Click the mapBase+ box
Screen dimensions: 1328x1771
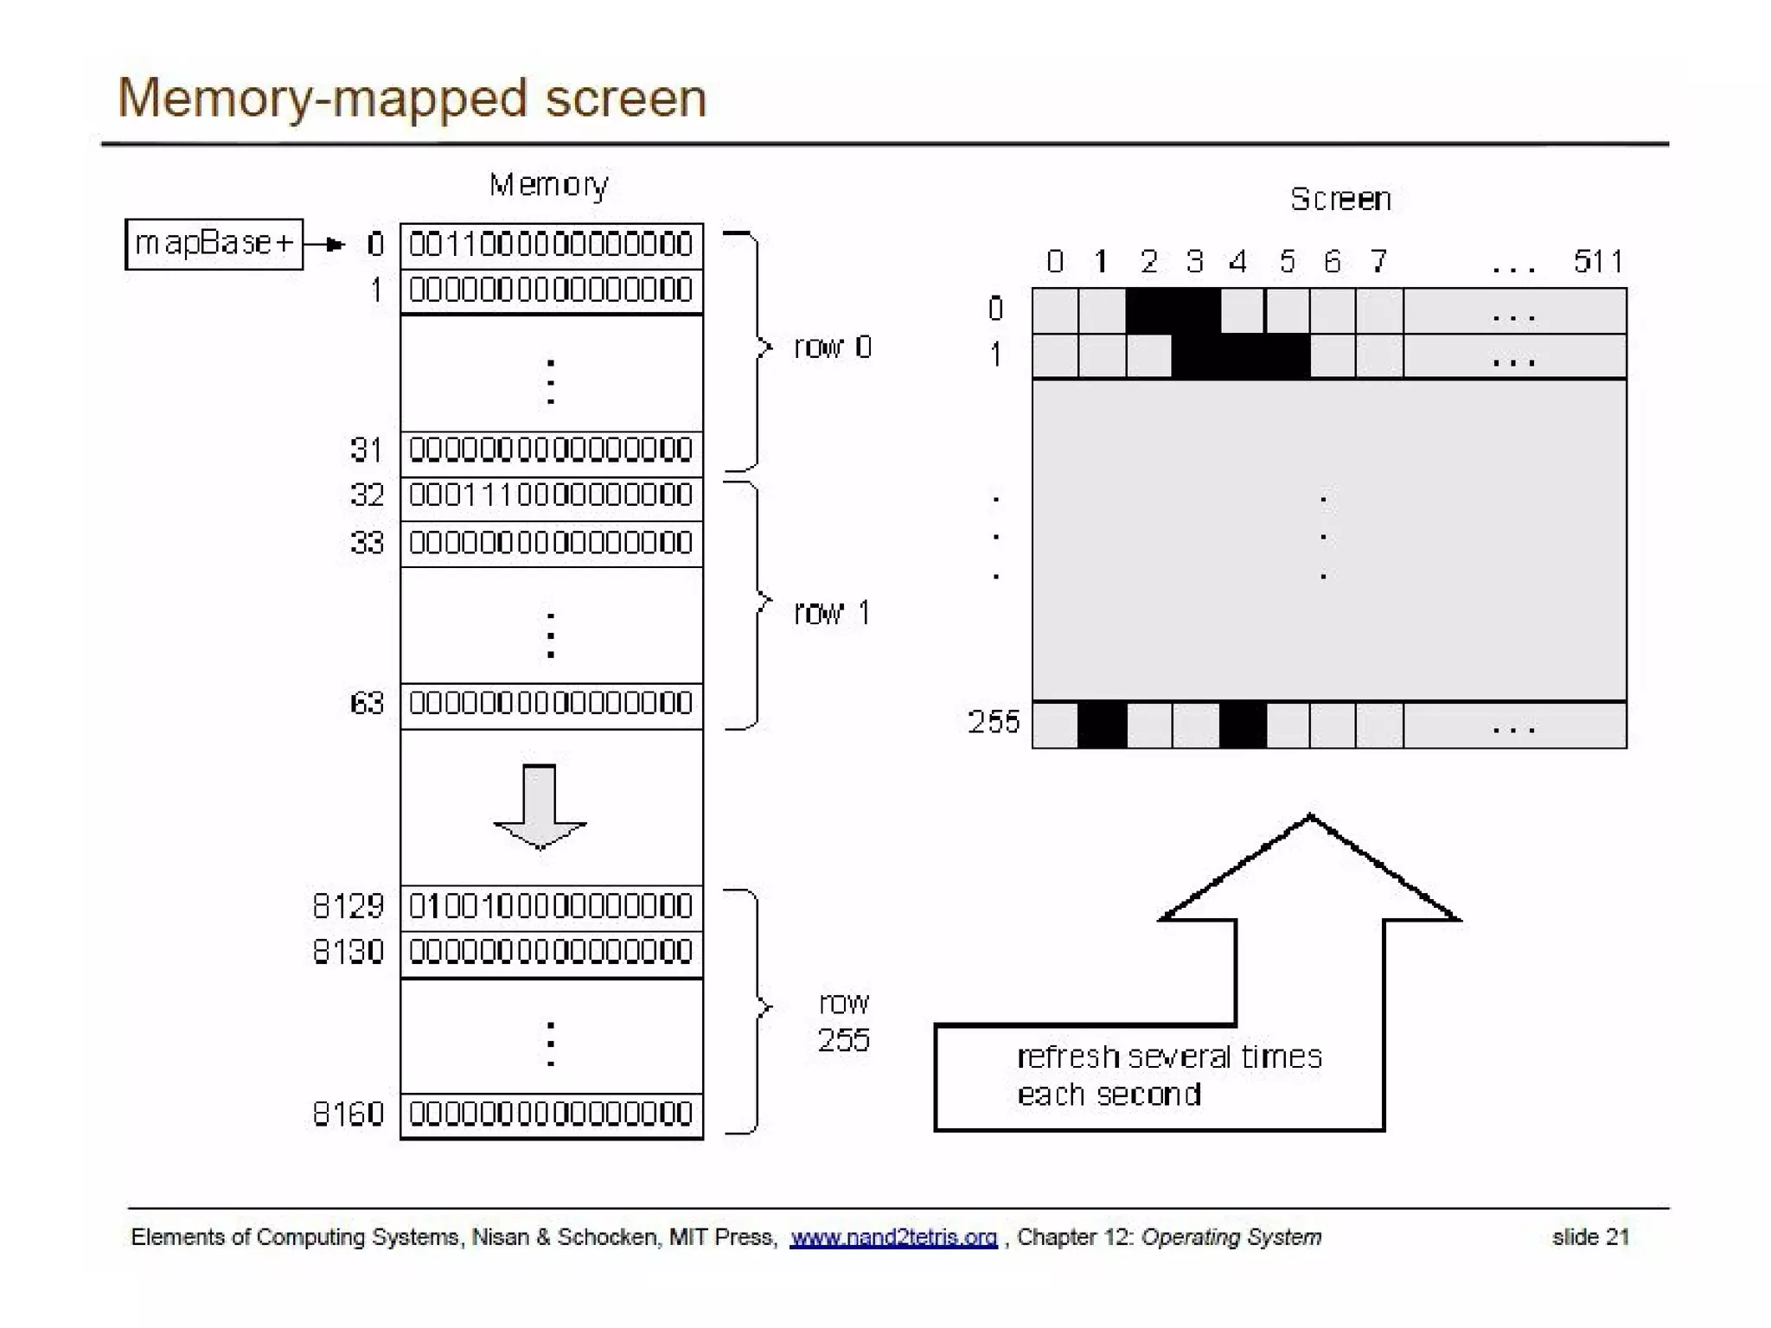coord(214,244)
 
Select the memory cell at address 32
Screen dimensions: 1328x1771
coord(551,496)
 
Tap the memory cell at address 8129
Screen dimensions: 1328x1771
coord(551,907)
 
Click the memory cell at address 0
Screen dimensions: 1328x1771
coord(551,245)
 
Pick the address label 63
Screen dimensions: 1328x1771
coord(367,703)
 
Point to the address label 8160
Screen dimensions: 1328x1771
coord(348,1114)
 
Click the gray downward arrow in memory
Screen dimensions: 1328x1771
coord(540,806)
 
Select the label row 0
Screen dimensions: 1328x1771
coord(833,348)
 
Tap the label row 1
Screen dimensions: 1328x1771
coord(831,613)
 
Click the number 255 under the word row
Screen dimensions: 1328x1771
coord(843,1040)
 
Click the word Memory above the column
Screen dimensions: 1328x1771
coord(549,185)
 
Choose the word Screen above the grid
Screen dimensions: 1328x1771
coord(1340,200)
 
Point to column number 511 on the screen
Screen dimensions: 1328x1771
coord(1598,261)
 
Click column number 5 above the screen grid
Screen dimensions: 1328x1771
coord(1288,261)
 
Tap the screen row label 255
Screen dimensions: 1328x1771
coord(994,722)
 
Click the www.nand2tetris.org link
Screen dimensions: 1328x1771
coord(893,1237)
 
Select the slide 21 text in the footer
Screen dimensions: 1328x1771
coord(1590,1237)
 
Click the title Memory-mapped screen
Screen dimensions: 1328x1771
coord(412,98)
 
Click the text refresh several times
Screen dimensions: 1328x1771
coord(1169,1057)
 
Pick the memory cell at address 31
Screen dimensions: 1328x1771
coord(551,450)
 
